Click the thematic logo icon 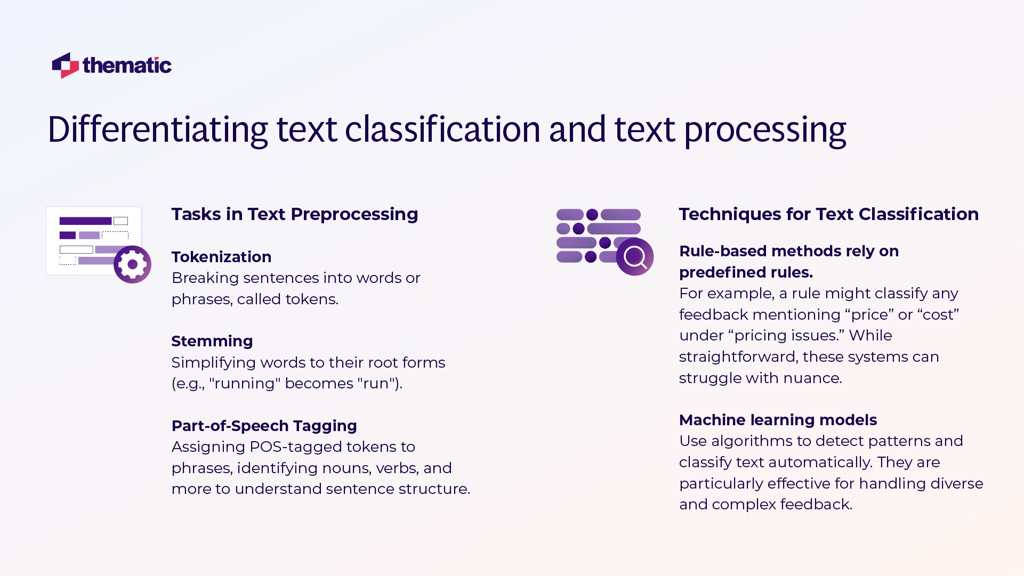(x=65, y=66)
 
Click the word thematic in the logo (x=127, y=66)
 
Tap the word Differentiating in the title (x=158, y=129)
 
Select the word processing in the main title (x=765, y=131)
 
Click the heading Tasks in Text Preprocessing (x=294, y=214)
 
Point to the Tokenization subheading (x=221, y=257)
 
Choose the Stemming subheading (x=212, y=341)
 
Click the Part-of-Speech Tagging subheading (x=264, y=426)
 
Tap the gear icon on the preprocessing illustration (x=132, y=264)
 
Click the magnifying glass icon (x=634, y=257)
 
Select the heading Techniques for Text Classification (x=828, y=214)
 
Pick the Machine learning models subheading (x=778, y=420)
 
